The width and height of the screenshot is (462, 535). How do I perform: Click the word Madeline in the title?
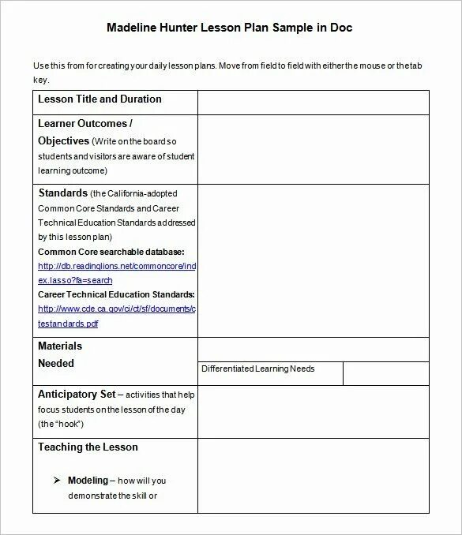pyautogui.click(x=131, y=27)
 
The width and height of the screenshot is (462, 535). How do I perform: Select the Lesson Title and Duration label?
pyautogui.click(x=100, y=99)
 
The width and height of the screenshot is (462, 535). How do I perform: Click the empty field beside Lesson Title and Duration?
pyautogui.click(x=313, y=103)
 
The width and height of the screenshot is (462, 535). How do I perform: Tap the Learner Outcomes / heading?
pyautogui.click(x=85, y=124)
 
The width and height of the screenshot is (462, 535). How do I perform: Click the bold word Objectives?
pyautogui.click(x=63, y=141)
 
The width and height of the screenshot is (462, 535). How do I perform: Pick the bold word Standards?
pyautogui.click(x=63, y=193)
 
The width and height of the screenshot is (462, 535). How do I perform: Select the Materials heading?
pyautogui.click(x=60, y=346)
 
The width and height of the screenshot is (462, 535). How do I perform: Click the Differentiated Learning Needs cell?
pyautogui.click(x=257, y=369)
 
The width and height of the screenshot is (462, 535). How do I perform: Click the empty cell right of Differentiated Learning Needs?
pyautogui.click(x=386, y=372)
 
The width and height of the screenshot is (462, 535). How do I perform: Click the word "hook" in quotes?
pyautogui.click(x=67, y=424)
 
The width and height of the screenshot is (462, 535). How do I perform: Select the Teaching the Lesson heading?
pyautogui.click(x=88, y=447)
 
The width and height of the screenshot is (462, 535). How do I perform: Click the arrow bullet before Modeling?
pyautogui.click(x=57, y=481)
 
